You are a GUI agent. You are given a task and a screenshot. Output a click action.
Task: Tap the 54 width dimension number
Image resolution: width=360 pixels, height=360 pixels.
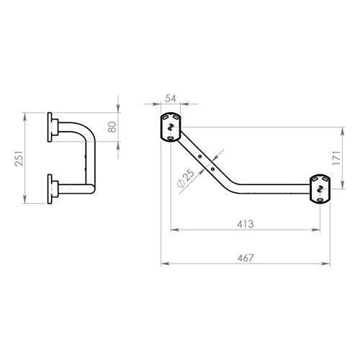(x=171, y=98)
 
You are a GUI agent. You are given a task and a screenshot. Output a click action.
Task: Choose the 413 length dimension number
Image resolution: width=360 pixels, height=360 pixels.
(x=245, y=223)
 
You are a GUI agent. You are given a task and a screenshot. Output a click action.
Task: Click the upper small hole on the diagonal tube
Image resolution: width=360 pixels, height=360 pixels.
(x=199, y=154)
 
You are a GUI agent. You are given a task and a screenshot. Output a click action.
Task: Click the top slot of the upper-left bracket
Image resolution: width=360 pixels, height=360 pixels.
(x=171, y=118)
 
